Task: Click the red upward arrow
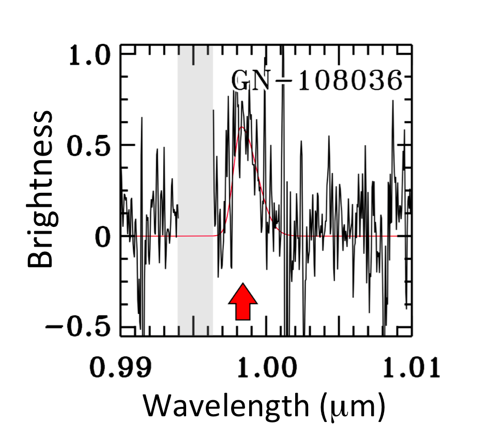coord(242,302)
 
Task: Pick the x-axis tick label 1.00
coord(265,368)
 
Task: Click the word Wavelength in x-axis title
coord(223,406)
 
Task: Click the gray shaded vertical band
coord(195,191)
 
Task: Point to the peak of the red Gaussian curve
coord(241,127)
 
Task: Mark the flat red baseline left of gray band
coord(155,236)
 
